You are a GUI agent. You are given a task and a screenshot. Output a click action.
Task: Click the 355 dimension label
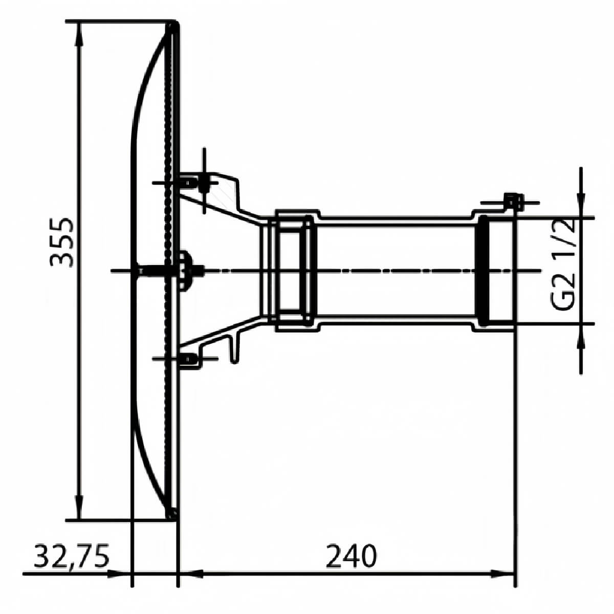[61, 243]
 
